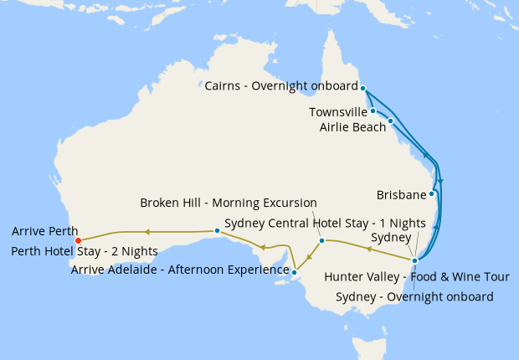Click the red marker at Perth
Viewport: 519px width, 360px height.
coord(78,240)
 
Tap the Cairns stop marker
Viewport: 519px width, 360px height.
coord(363,86)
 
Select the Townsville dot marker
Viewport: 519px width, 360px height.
coord(373,111)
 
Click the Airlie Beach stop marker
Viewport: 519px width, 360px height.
coord(390,121)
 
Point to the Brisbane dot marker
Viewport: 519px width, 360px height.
coord(431,193)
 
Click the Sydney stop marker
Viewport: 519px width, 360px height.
coord(414,260)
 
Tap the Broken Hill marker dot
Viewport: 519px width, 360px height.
coord(321,241)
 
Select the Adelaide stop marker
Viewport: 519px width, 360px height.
coord(295,270)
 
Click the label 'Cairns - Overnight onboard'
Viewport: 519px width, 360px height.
coord(281,86)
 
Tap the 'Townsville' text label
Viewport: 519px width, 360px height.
coord(337,111)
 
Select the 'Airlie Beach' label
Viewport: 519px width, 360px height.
coord(352,126)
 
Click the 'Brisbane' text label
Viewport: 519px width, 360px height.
coord(401,194)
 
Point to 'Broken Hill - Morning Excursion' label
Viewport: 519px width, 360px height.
coord(229,203)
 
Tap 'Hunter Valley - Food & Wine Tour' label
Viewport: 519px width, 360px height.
coord(416,277)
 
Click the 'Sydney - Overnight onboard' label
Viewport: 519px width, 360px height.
coord(414,296)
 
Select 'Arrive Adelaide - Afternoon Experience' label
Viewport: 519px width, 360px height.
coord(179,270)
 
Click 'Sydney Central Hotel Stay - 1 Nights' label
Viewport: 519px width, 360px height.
coord(326,223)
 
